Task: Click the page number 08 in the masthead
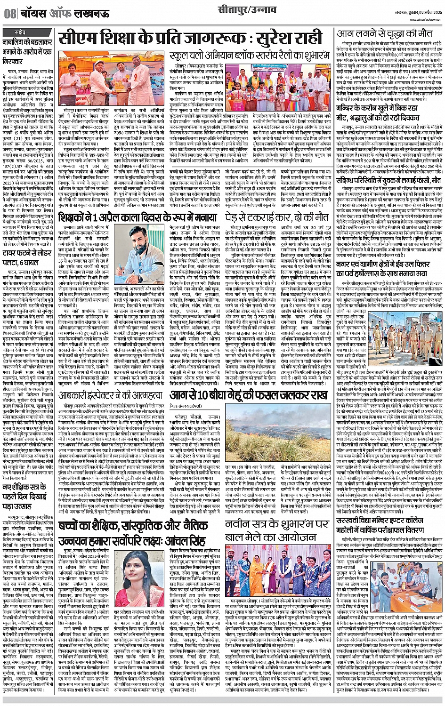pos(9,14)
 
